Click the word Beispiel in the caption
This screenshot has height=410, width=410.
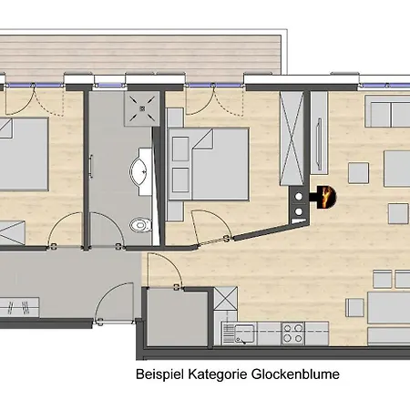[x=157, y=374]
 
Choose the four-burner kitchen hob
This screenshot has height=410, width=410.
[x=293, y=333]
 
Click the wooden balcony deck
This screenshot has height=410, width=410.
[x=137, y=55]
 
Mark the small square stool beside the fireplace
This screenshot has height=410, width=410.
[x=360, y=170]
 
